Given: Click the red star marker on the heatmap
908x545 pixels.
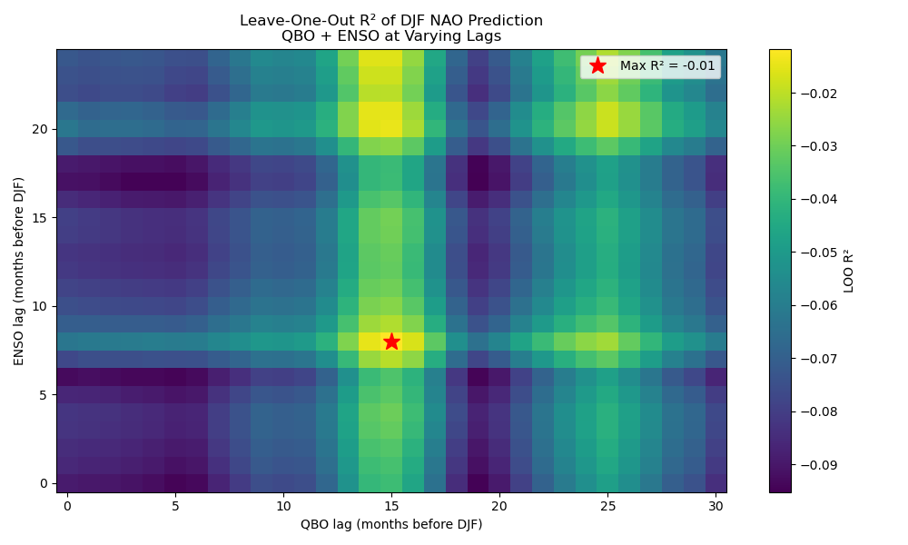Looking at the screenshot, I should coord(391,342).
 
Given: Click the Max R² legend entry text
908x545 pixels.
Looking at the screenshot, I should coord(666,65).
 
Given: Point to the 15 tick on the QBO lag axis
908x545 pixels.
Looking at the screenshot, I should coord(391,506).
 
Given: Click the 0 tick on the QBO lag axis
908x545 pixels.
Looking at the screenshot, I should coord(67,506).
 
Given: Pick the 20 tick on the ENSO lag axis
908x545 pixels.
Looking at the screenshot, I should coord(40,129).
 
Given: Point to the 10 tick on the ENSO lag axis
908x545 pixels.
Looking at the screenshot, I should coord(40,306).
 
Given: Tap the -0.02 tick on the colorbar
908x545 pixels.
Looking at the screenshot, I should coord(818,94).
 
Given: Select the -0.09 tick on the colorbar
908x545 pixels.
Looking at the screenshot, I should coord(818,464).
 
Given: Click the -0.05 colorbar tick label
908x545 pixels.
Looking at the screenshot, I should coord(818,253).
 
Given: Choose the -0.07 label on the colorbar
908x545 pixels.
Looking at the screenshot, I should coord(818,359).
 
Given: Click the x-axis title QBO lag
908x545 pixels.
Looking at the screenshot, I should coord(391,524).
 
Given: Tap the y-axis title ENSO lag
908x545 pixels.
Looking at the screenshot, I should coord(19,271).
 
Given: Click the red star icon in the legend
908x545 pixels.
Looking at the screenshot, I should coord(597,65).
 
